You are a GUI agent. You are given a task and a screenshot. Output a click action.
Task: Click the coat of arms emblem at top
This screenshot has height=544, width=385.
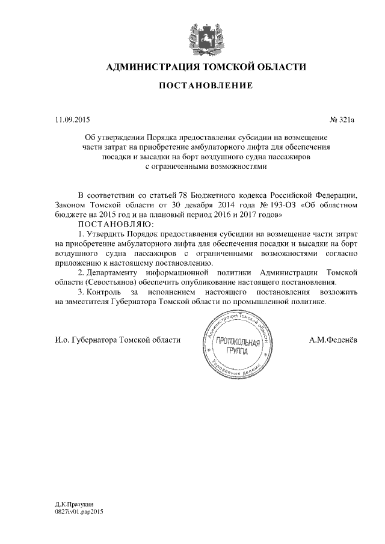[x=205, y=37]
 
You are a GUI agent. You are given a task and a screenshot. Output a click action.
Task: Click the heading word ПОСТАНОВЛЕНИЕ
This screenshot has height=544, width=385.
[x=205, y=87]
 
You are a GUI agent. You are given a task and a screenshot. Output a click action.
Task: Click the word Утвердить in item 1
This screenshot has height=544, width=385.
[x=108, y=233]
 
